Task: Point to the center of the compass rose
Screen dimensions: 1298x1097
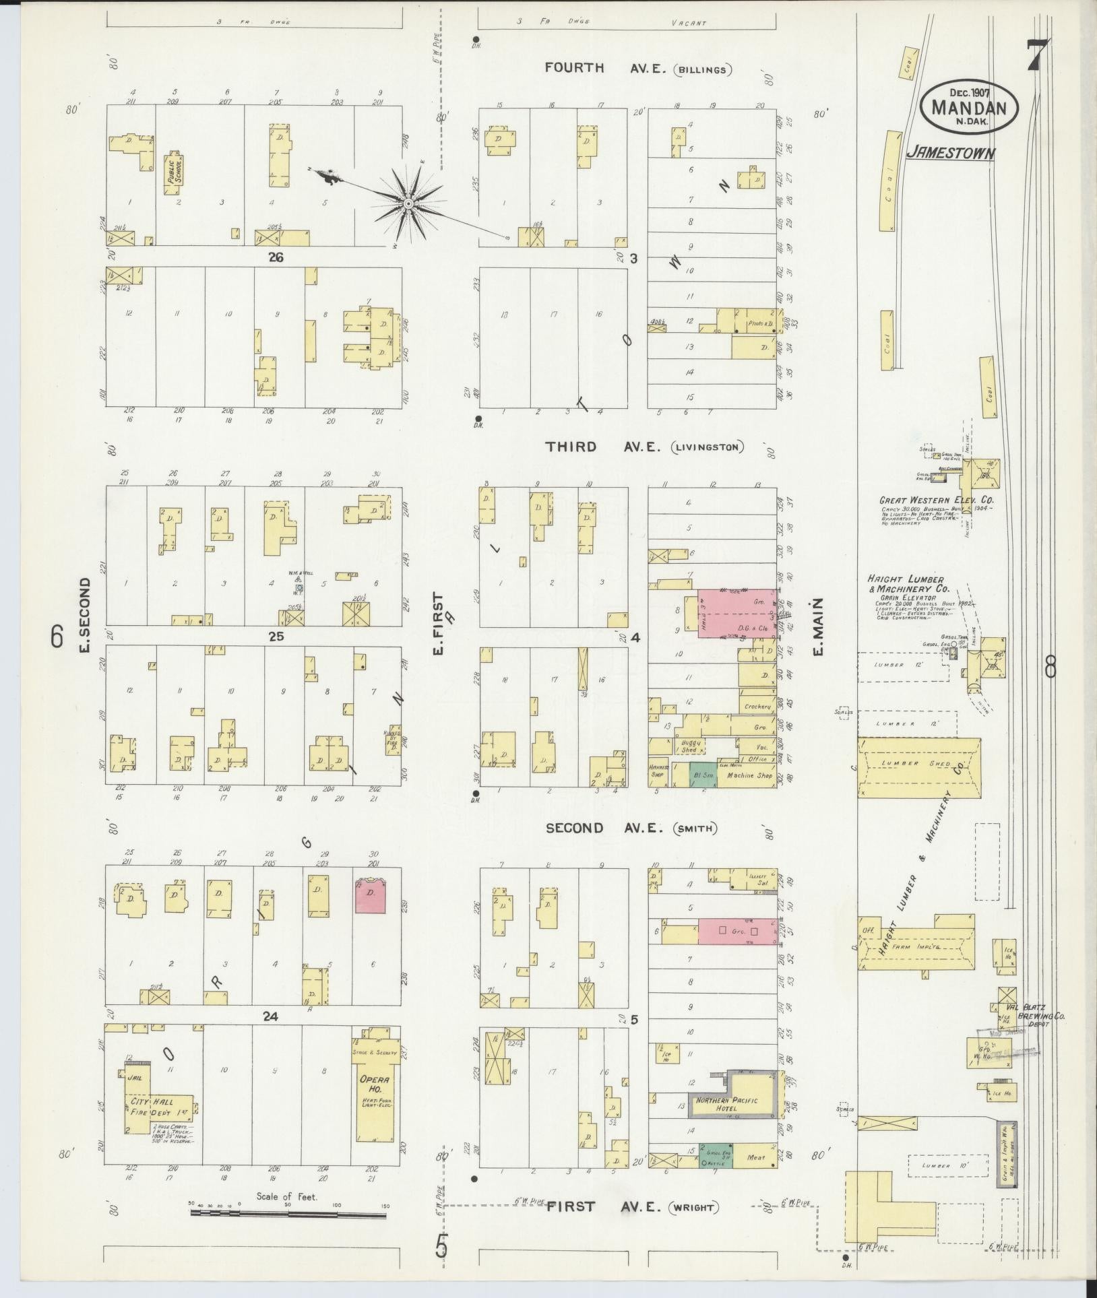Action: coord(408,203)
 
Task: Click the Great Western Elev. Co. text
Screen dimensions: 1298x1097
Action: coord(935,501)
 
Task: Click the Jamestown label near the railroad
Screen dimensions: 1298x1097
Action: coord(949,154)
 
